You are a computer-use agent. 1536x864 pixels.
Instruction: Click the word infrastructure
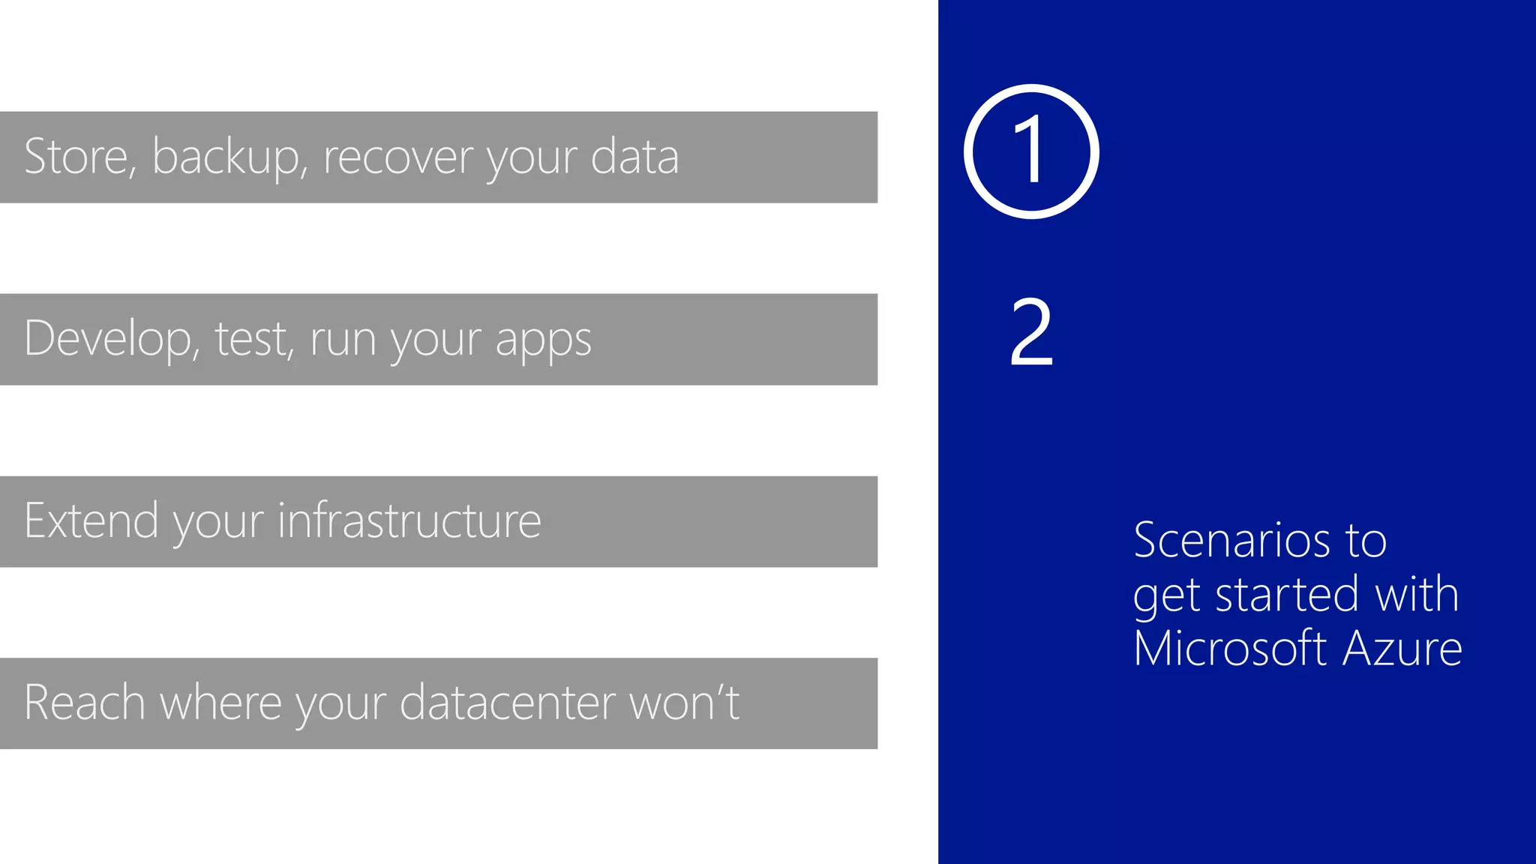(x=409, y=520)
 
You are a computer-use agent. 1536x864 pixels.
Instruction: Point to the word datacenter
(x=507, y=703)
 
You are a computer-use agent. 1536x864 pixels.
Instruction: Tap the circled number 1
(x=1031, y=151)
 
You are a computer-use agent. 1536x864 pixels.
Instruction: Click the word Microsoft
(x=1230, y=648)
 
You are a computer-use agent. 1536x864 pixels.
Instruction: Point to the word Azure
(x=1402, y=648)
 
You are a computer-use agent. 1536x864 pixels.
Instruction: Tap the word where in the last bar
(x=220, y=703)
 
